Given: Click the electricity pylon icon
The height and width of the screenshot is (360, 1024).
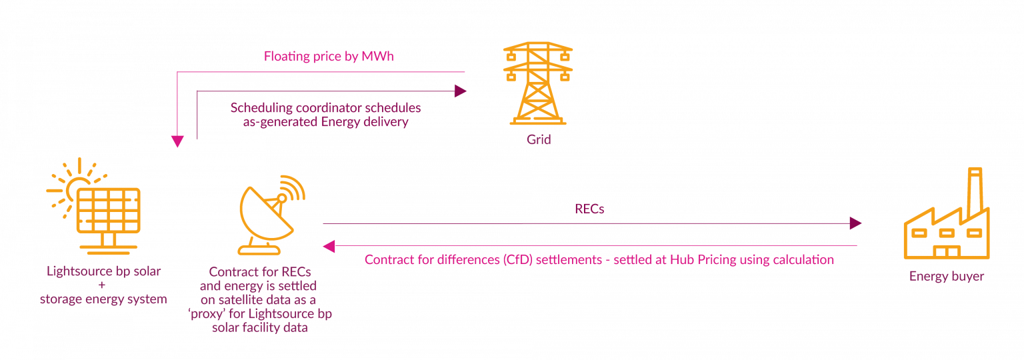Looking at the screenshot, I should pos(538,83).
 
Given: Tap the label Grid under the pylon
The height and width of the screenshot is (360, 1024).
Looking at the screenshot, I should pos(539,141).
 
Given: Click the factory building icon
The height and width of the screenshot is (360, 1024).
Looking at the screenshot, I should pos(946,223).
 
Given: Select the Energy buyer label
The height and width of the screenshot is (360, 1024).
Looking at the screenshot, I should pos(947,276).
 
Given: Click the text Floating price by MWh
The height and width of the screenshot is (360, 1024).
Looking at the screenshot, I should pos(329,56).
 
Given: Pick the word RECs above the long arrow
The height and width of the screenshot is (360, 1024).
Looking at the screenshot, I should pos(589,209).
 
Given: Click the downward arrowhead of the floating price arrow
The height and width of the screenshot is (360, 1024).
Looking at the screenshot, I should pos(177,141).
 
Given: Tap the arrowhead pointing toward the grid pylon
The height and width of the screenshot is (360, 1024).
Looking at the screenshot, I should pos(461,91).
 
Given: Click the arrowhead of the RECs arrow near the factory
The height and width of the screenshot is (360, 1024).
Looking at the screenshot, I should pos(855,223).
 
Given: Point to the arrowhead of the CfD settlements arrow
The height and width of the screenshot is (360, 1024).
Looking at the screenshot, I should pos(329,247).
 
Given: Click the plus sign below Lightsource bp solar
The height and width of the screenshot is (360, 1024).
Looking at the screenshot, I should pos(103,285).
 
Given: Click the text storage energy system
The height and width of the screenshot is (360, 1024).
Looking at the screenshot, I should pos(103,299).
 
